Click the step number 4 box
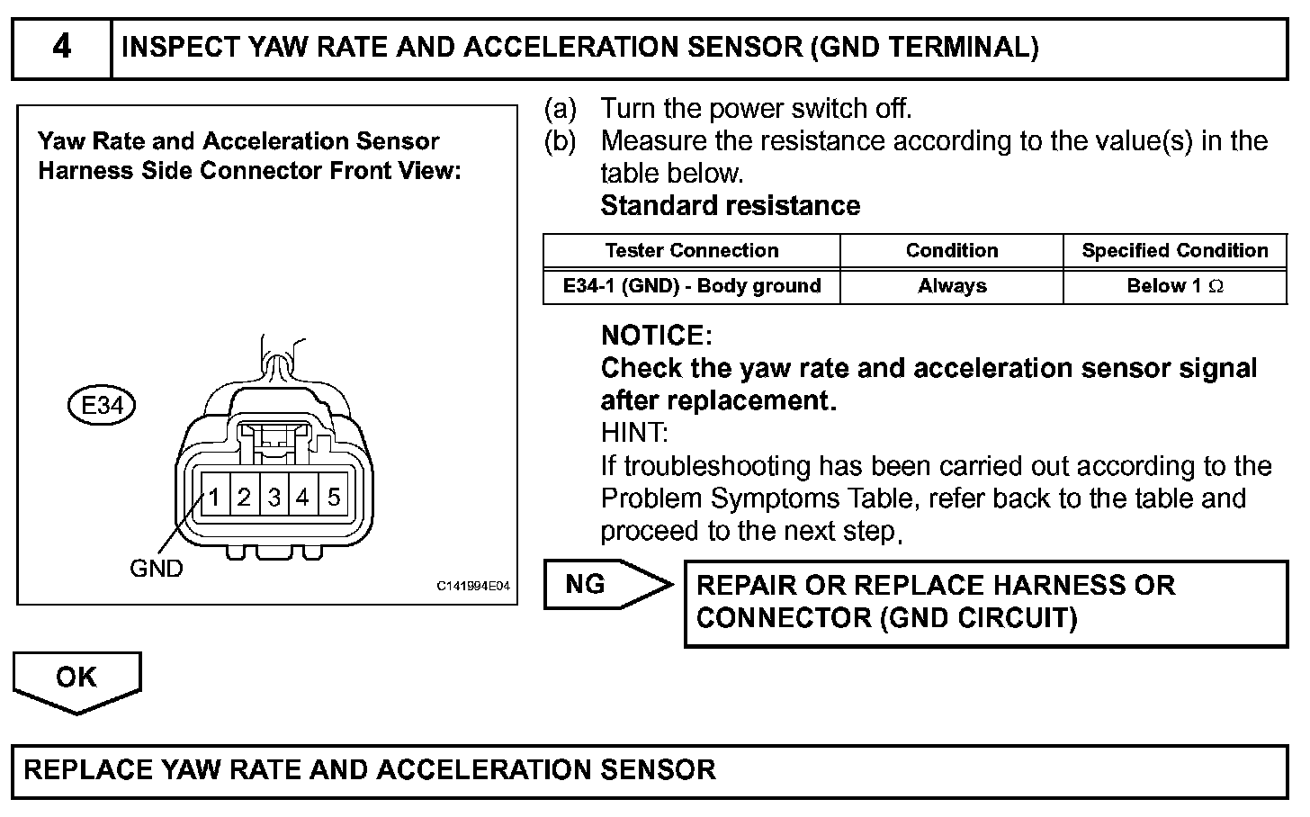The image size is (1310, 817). pos(61,47)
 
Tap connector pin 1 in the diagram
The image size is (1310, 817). pos(215,497)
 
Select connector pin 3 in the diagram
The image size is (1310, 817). pos(274,497)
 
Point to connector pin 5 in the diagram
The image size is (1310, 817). pos(334,497)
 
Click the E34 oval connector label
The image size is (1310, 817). pos(102,406)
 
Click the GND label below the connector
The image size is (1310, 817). pos(156,569)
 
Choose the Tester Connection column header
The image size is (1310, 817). pos(691,251)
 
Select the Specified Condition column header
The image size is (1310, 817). pos(1174,251)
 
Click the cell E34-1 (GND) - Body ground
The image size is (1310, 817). pos(691,286)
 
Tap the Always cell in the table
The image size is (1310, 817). pos(952,286)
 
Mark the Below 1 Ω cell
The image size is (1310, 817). pos(1174,286)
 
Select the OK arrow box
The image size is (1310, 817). pos(76,679)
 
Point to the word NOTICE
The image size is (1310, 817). pos(656,336)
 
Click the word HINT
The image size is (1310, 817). pos(634,433)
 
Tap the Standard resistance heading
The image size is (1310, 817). pos(730,206)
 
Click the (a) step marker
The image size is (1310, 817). pos(560,109)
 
